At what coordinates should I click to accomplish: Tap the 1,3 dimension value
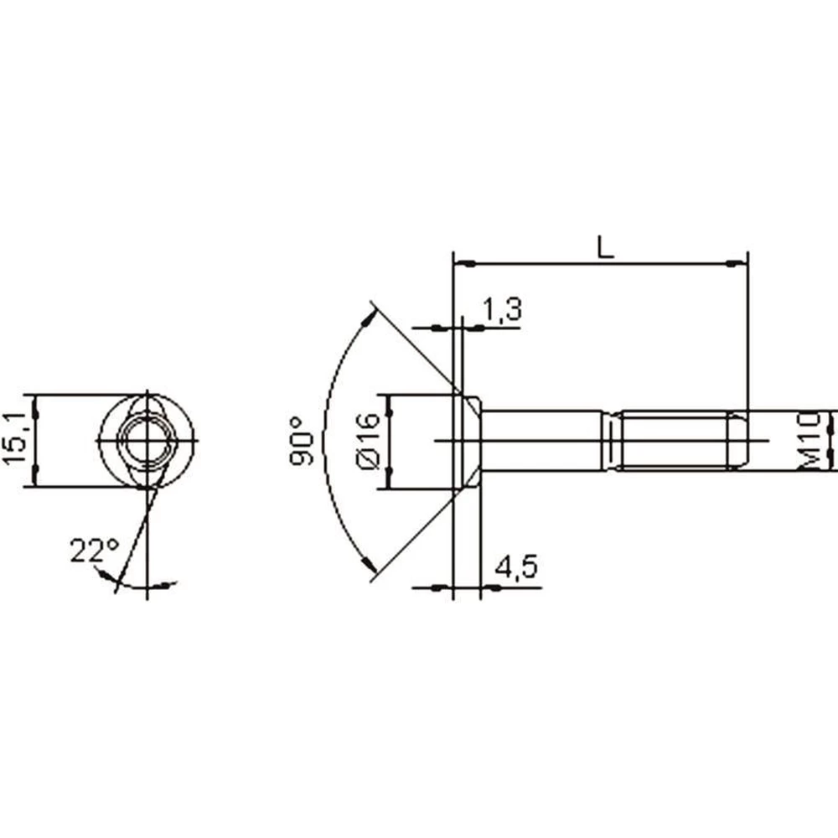pyautogui.click(x=502, y=309)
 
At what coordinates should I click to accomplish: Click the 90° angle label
pyautogui.click(x=303, y=441)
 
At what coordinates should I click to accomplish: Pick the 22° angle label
pyautogui.click(x=95, y=551)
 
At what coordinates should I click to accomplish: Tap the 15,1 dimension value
pyautogui.click(x=14, y=439)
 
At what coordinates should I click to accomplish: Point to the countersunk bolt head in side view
pyautogui.click(x=467, y=441)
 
